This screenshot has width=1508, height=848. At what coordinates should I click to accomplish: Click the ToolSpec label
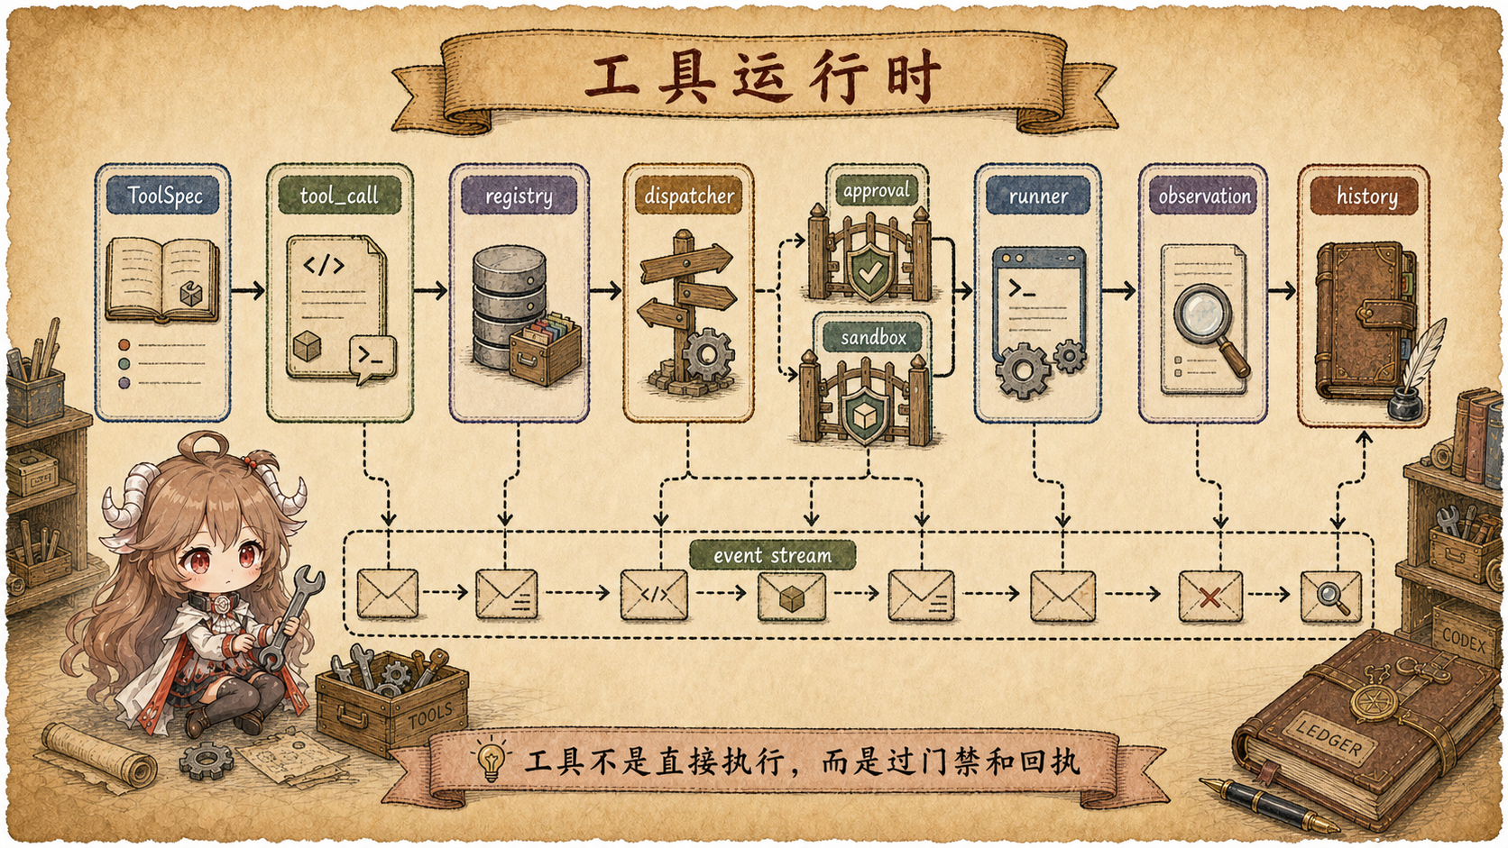pyautogui.click(x=163, y=196)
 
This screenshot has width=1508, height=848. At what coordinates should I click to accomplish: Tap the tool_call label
pyautogui.click(x=339, y=196)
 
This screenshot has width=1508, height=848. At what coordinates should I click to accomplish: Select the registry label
pyautogui.click(x=519, y=196)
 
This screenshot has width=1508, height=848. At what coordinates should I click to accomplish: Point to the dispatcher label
pyautogui.click(x=689, y=196)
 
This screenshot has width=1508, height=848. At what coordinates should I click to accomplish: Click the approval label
pyautogui.click(x=877, y=190)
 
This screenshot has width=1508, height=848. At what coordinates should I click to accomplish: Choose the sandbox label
pyautogui.click(x=873, y=337)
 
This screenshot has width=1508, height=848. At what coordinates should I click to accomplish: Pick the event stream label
pyautogui.click(x=772, y=555)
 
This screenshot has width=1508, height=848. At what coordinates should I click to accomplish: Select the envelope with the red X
pyautogui.click(x=1209, y=596)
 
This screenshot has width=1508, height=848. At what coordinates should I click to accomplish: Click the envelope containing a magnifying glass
pyautogui.click(x=1331, y=596)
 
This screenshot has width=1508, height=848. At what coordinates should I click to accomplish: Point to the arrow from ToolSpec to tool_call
pyautogui.click(x=248, y=290)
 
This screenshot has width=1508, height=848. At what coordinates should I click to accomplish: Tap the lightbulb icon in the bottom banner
pyautogui.click(x=492, y=760)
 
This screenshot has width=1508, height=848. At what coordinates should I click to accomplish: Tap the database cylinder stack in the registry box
pyautogui.click(x=509, y=306)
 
